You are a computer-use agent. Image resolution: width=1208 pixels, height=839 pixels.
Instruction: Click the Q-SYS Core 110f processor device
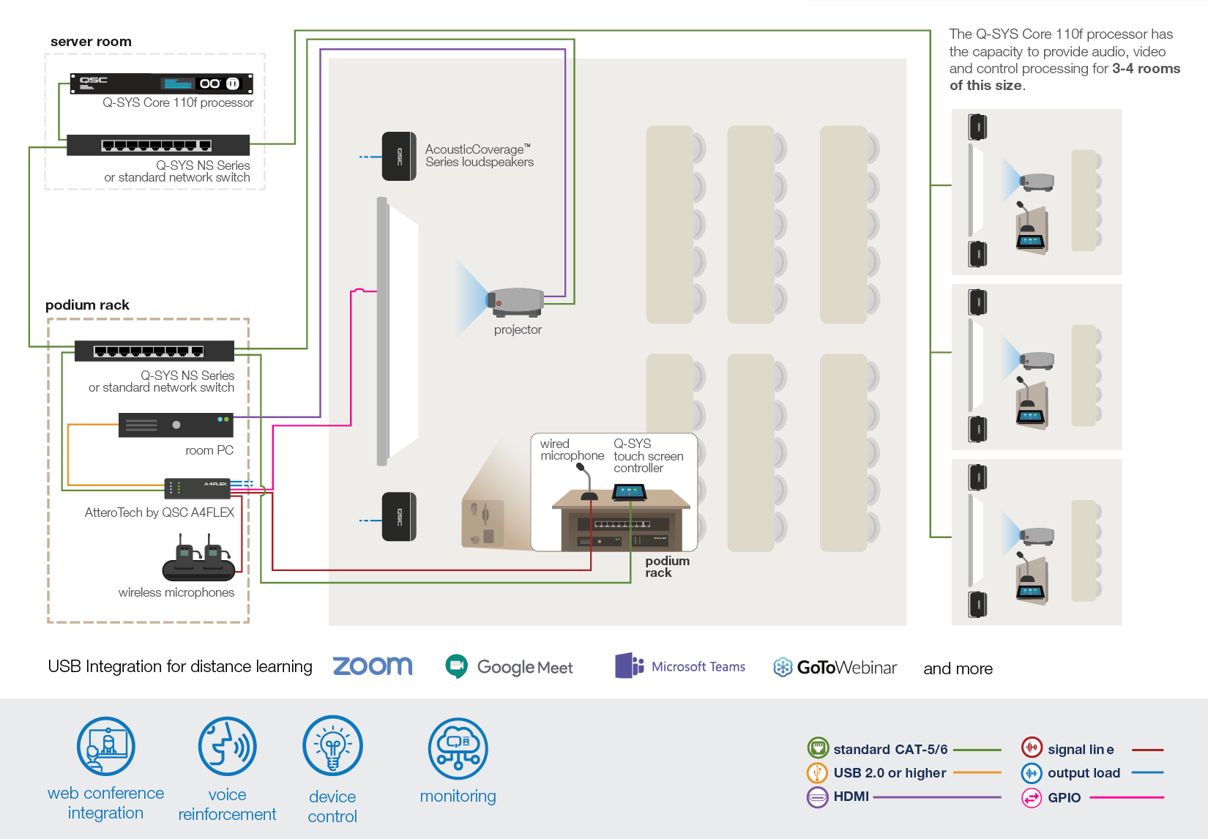point(161,83)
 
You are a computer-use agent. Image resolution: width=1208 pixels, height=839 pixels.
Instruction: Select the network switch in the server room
point(157,145)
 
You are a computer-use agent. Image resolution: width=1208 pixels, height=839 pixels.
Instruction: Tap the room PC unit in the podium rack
point(176,425)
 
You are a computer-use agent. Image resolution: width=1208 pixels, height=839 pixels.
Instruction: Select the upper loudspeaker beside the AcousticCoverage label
point(399,156)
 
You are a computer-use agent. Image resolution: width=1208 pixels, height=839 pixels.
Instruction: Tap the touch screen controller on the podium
point(630,493)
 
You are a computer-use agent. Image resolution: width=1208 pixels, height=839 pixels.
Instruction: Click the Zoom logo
point(373,665)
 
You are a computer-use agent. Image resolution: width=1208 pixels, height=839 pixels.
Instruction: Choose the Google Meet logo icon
point(457,665)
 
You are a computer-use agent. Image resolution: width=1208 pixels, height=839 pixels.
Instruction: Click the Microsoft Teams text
point(698,667)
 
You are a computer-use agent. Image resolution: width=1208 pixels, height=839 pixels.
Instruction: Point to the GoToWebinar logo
point(835,668)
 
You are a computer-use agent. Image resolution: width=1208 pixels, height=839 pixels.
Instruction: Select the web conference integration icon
point(106,747)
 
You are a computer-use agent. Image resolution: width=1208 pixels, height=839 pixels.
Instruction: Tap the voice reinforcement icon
point(227,747)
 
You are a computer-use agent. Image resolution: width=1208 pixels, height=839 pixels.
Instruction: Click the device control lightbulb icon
point(332,747)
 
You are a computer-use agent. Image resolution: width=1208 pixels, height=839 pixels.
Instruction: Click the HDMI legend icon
point(817,797)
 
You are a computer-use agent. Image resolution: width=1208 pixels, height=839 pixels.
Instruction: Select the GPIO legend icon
point(1032,797)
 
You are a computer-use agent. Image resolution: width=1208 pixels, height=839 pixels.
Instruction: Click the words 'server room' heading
point(91,42)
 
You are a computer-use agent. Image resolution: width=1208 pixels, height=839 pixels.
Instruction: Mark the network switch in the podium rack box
point(154,351)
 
